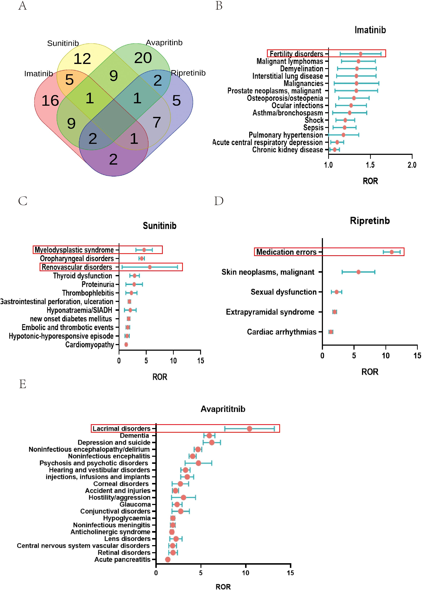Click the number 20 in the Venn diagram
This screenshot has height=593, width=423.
click(x=143, y=58)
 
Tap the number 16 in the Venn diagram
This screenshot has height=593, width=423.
click(x=50, y=101)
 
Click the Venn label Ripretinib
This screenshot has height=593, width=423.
click(x=188, y=73)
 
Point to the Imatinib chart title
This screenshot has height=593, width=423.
click(x=370, y=30)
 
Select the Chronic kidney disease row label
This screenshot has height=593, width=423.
click(x=287, y=150)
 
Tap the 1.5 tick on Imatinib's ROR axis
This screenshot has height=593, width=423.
click(x=370, y=165)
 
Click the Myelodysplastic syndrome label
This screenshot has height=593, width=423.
click(x=74, y=250)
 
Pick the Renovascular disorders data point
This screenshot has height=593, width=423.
click(x=150, y=267)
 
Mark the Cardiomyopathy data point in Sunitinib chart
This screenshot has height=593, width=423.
click(x=126, y=344)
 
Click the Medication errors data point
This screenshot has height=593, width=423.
click(x=392, y=252)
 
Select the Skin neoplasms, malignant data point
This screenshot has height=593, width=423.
click(x=358, y=272)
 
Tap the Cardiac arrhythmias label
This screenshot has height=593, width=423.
click(x=282, y=332)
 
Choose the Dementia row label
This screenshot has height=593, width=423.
click(x=134, y=436)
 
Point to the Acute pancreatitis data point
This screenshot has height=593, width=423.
click(x=168, y=559)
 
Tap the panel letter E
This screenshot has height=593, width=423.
click(x=23, y=384)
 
